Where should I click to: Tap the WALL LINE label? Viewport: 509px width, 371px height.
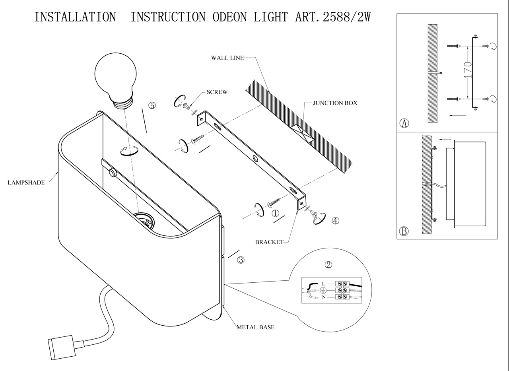coord(227,58)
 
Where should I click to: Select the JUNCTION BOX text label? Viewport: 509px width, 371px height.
coord(335,103)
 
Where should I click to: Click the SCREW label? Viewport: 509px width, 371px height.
coord(217,92)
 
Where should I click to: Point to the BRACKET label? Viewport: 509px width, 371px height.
coord(269,242)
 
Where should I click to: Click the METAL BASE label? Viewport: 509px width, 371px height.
coord(255,327)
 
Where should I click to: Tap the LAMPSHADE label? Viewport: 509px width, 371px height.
coord(26,183)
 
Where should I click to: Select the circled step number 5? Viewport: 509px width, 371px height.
coord(152,106)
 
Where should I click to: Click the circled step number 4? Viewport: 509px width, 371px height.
coord(336,221)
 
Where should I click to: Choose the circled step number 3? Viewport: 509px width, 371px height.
coord(241,260)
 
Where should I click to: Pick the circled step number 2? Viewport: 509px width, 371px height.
coord(328,265)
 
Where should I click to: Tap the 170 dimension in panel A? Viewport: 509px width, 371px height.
coord(468,69)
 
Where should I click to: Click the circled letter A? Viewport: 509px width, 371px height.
coord(404,123)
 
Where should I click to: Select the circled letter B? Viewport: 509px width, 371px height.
coord(404,231)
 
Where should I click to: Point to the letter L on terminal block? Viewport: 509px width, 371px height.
coord(323,284)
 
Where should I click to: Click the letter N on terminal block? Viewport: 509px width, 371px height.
coord(323,297)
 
